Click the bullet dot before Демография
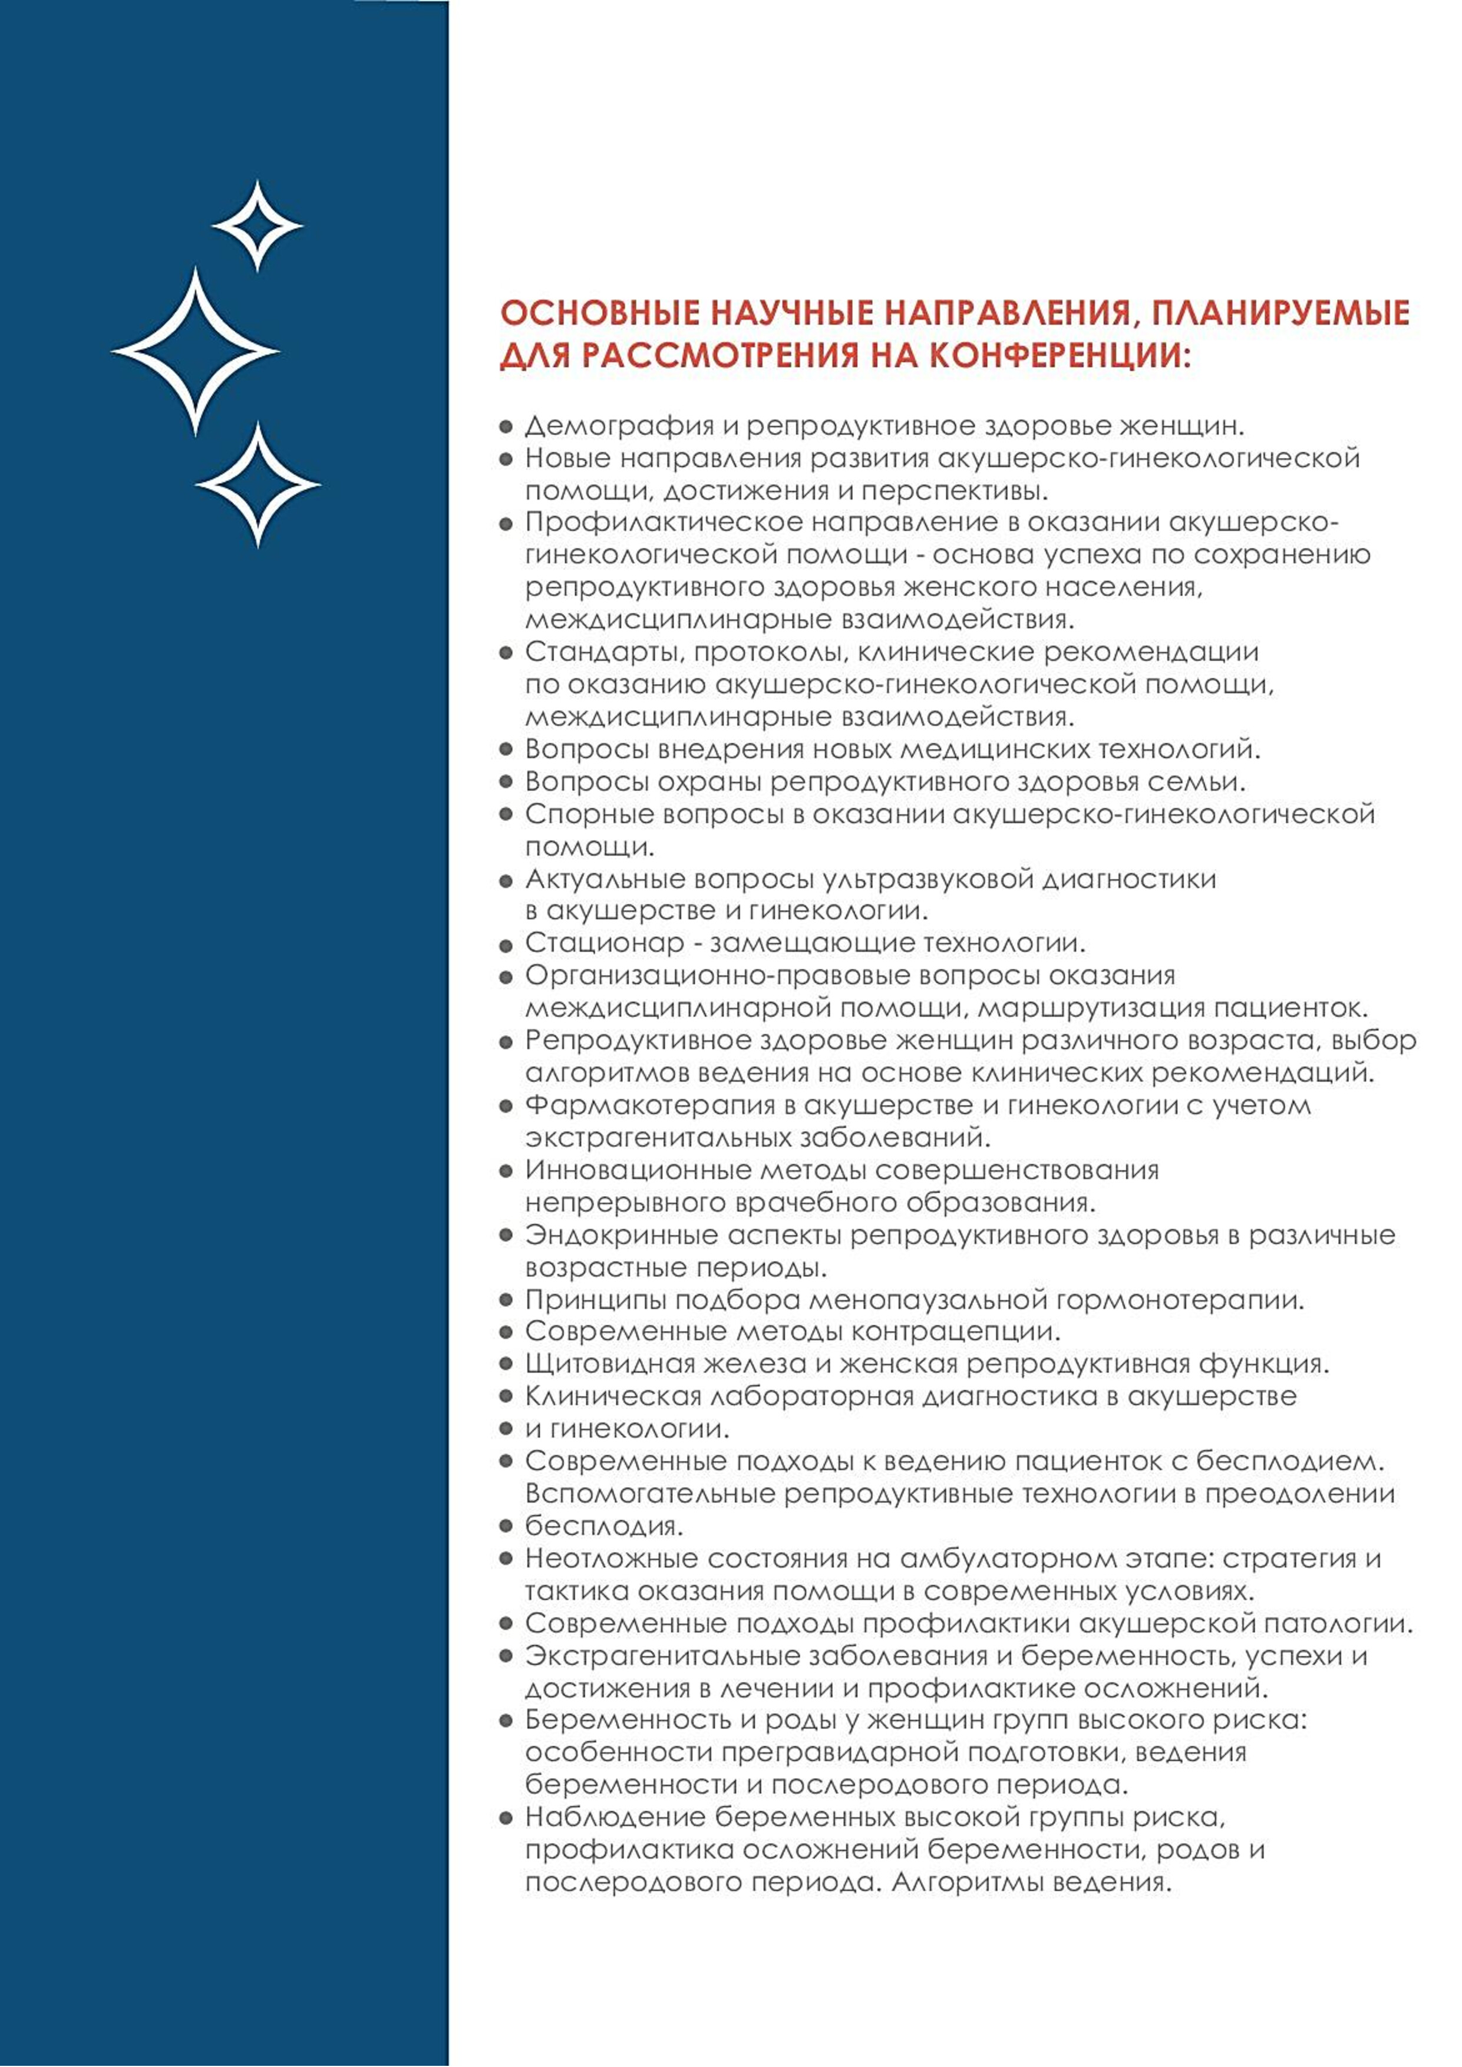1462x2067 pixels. (x=506, y=427)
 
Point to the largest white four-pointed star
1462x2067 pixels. (x=196, y=351)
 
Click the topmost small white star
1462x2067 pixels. (x=258, y=226)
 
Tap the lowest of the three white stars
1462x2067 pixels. (x=258, y=484)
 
